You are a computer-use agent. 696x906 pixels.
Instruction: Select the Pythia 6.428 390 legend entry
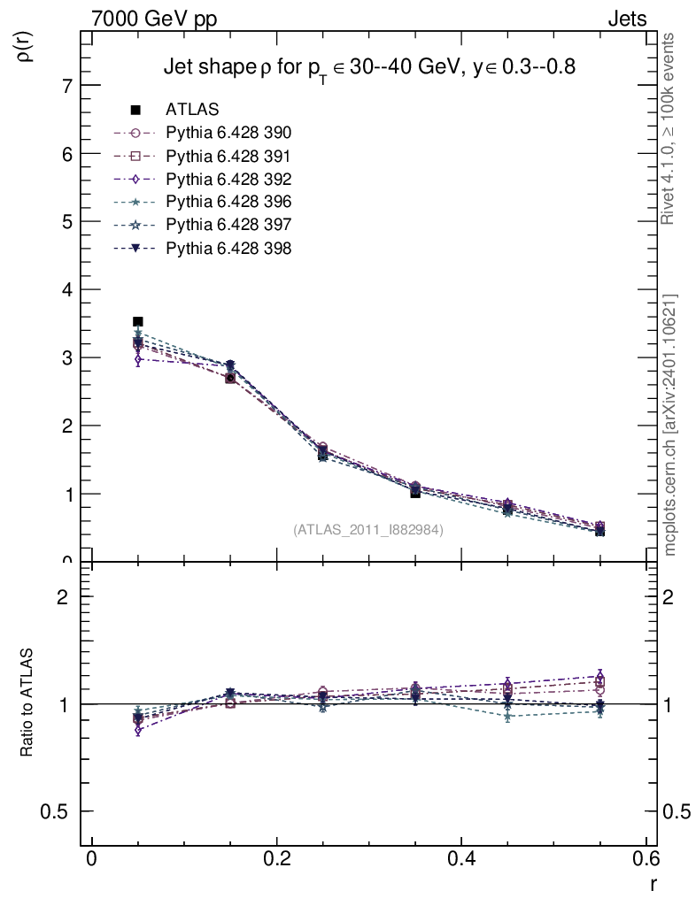click(228, 134)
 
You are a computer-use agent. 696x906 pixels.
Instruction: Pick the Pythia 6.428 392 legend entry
click(228, 180)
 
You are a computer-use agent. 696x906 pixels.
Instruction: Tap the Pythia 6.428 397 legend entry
click(228, 226)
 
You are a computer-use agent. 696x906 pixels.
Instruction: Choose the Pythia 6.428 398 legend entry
click(228, 249)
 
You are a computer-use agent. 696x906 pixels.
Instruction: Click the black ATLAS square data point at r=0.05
click(137, 322)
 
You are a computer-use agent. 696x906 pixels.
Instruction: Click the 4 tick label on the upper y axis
click(67, 290)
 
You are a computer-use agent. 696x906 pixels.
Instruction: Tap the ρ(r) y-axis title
click(26, 45)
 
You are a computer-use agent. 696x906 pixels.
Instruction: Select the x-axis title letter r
click(653, 883)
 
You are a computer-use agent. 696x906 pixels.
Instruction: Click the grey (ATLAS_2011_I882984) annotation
click(368, 530)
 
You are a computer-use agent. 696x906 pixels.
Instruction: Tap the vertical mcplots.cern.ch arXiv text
click(670, 425)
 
